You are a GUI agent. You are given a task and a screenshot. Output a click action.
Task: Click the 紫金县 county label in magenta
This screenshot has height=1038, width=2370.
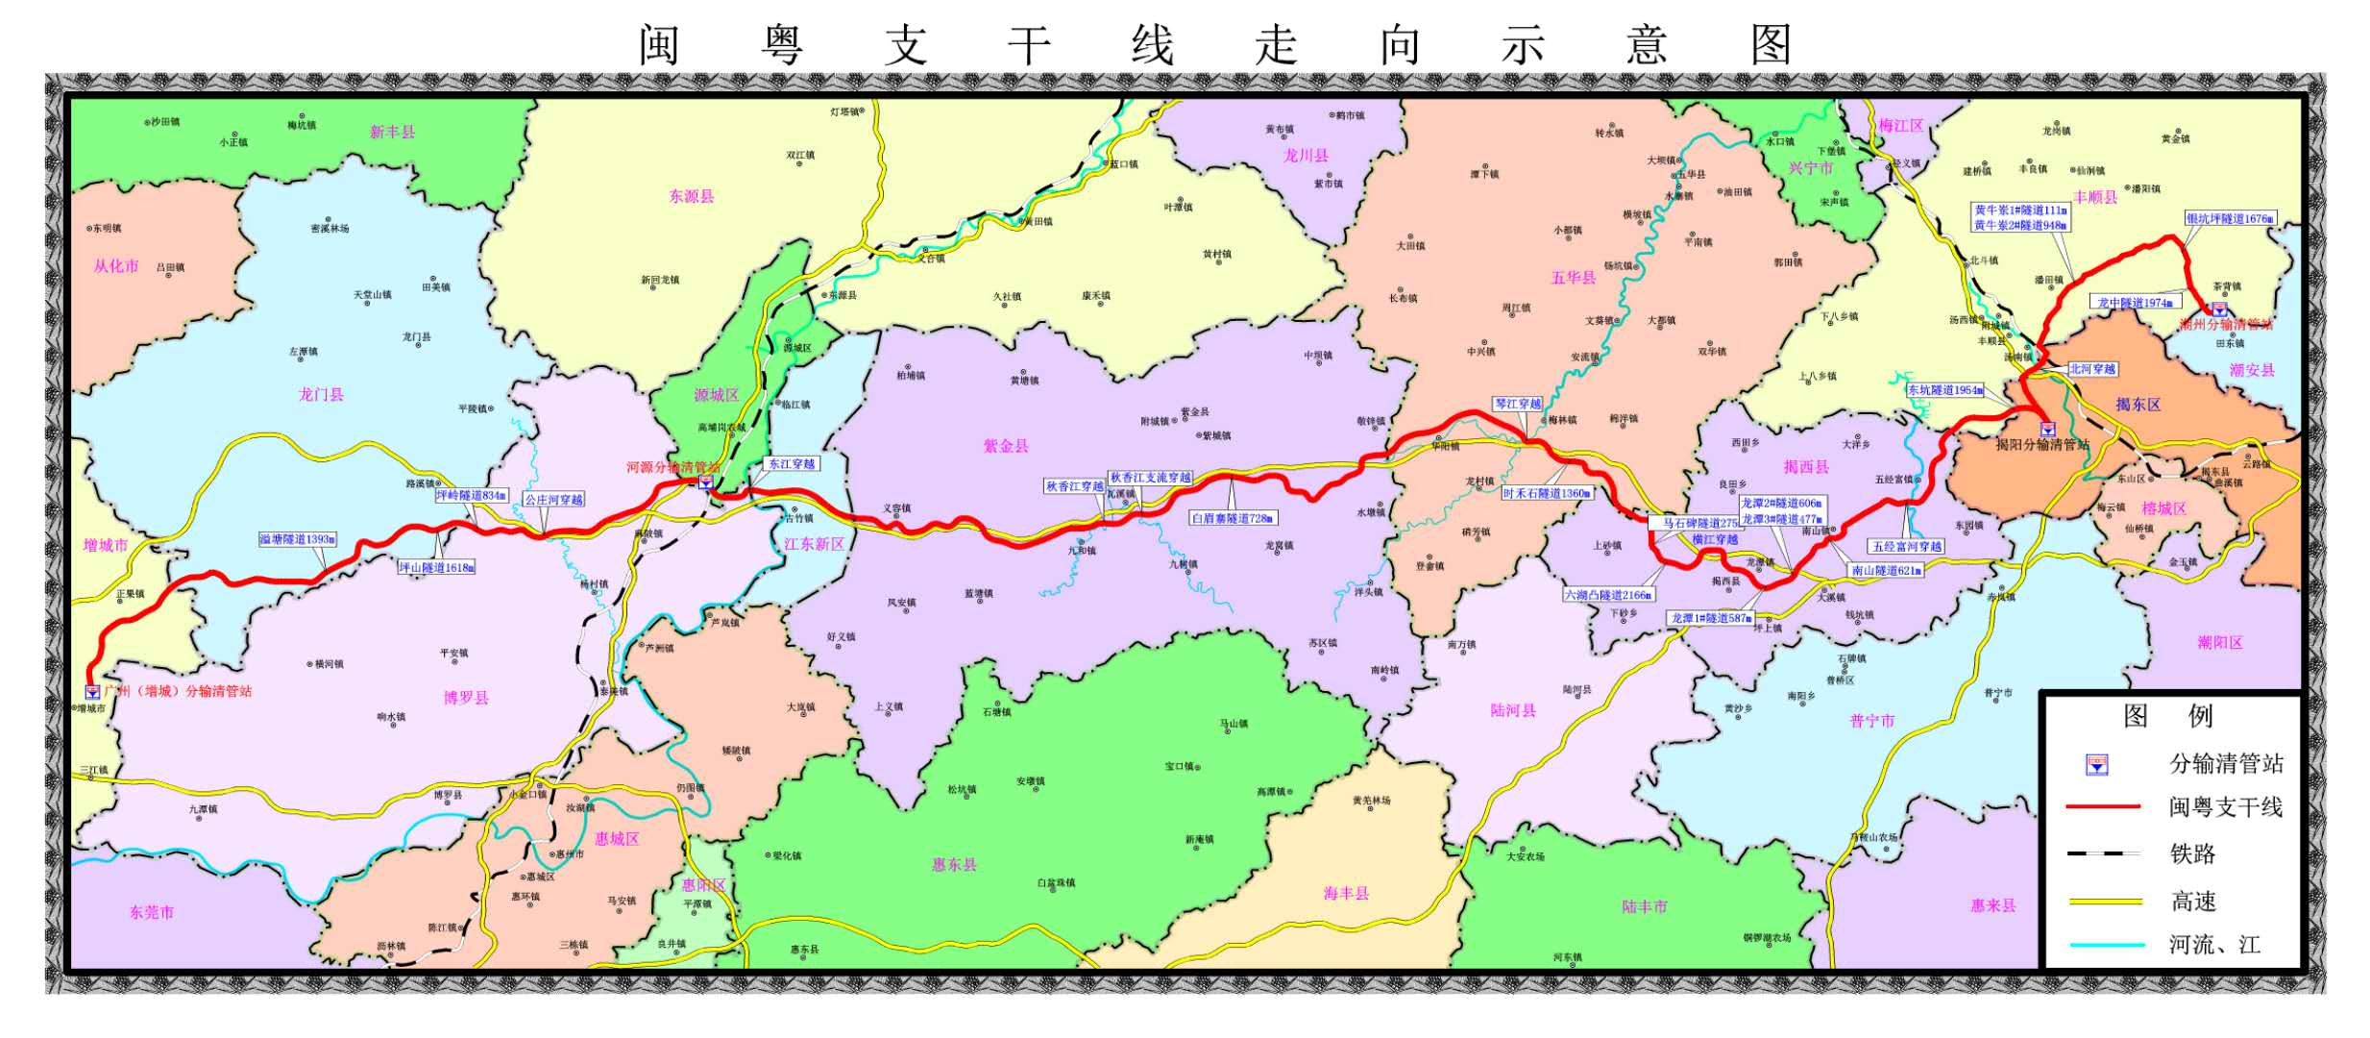(x=1005, y=446)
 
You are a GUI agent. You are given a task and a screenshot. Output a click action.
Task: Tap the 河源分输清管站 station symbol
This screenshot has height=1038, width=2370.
(x=705, y=482)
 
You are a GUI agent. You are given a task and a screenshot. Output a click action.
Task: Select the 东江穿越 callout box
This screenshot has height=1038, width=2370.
(x=792, y=464)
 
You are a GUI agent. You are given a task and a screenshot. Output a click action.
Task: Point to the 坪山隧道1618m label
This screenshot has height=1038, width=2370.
(x=436, y=568)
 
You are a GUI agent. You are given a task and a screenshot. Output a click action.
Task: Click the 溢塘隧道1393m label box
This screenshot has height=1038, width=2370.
(x=298, y=539)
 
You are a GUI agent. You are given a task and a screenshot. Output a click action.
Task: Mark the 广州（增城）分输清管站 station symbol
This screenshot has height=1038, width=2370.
(x=92, y=691)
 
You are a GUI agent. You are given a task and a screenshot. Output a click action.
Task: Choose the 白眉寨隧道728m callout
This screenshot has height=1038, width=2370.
(x=1233, y=518)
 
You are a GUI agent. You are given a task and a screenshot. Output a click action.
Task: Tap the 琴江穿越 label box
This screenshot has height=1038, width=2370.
(x=1518, y=404)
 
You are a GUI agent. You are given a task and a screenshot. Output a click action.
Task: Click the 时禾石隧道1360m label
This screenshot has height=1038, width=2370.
(x=1547, y=493)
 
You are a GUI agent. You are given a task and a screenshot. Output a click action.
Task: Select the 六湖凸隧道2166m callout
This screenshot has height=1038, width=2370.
(x=1608, y=595)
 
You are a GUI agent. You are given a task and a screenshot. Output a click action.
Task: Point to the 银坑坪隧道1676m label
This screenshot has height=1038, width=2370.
(x=2230, y=219)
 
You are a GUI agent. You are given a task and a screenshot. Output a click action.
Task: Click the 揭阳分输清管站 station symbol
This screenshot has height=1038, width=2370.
(x=2047, y=429)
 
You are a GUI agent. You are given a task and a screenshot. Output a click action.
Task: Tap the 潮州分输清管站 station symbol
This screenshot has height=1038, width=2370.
(x=2220, y=309)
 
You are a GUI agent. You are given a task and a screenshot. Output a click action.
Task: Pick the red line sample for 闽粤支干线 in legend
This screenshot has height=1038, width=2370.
(x=2103, y=807)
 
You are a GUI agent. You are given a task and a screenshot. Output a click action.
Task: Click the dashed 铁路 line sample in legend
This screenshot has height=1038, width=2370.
(x=2103, y=853)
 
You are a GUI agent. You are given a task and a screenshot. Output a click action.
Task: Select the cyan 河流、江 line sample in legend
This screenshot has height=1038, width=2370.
(x=2103, y=945)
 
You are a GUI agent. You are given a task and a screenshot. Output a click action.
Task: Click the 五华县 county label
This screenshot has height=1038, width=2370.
(x=1573, y=278)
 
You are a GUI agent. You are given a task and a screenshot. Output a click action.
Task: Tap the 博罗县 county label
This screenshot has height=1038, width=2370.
(x=466, y=698)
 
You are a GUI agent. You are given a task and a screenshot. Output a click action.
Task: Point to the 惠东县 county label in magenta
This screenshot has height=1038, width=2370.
(x=953, y=865)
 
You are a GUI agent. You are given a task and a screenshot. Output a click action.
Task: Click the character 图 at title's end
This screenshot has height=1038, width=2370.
(x=1771, y=45)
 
